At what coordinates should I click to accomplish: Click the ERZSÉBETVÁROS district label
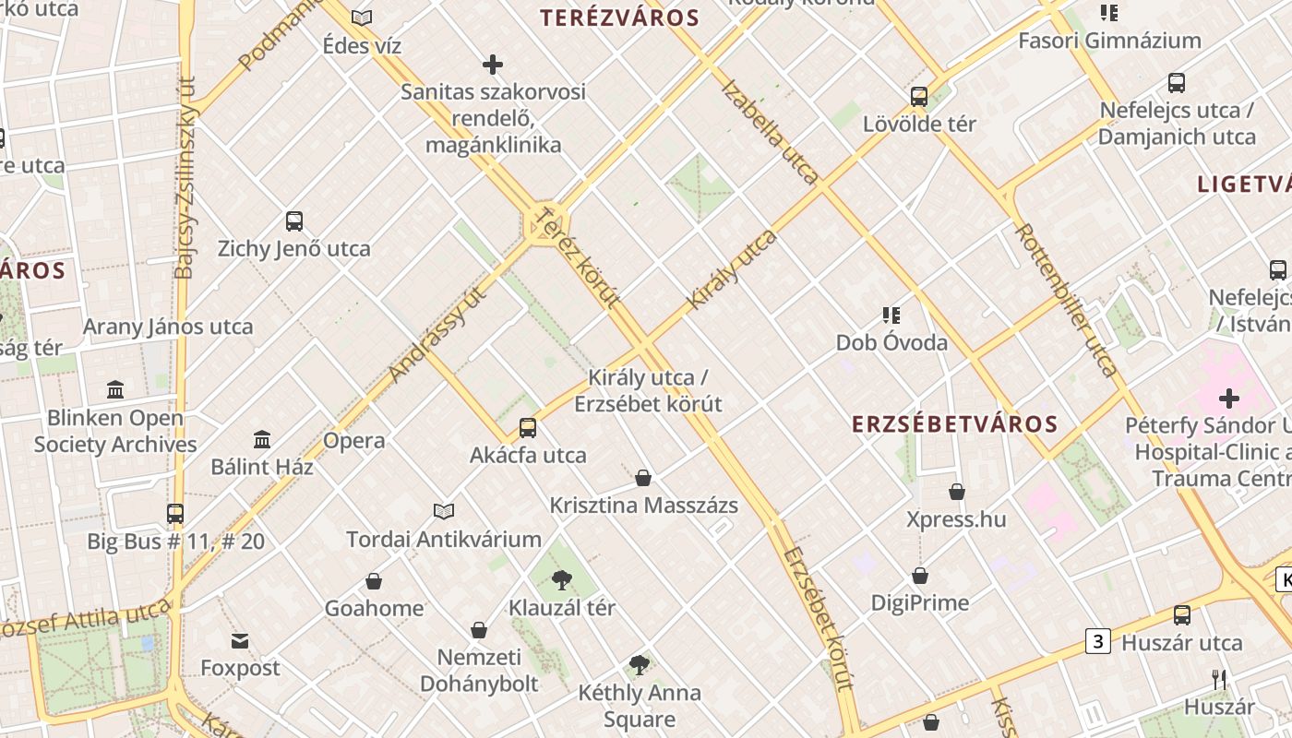click(x=954, y=424)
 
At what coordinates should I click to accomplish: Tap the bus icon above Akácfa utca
click(x=528, y=428)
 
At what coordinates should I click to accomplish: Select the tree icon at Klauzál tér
click(x=561, y=580)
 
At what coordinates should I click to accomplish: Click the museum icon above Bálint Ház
click(x=262, y=439)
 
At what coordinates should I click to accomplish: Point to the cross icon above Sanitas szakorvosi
click(x=493, y=65)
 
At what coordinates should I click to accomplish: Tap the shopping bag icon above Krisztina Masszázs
click(x=643, y=478)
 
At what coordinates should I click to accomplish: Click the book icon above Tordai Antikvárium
click(x=444, y=511)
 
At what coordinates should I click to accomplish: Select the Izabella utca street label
click(x=771, y=132)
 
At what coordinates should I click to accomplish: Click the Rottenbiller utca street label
click(x=1066, y=300)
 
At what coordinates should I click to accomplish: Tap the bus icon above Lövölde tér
click(x=919, y=96)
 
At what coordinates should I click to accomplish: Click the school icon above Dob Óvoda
click(x=891, y=315)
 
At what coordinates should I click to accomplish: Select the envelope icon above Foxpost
click(x=240, y=641)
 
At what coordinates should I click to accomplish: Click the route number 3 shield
click(x=1097, y=641)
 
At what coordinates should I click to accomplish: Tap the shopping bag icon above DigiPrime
click(x=920, y=576)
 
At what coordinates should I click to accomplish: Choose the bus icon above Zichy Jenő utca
click(x=294, y=221)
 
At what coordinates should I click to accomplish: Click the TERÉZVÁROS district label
click(x=619, y=18)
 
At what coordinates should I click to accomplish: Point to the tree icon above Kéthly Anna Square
click(x=639, y=664)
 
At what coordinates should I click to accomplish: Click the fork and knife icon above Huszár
click(x=1219, y=680)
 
